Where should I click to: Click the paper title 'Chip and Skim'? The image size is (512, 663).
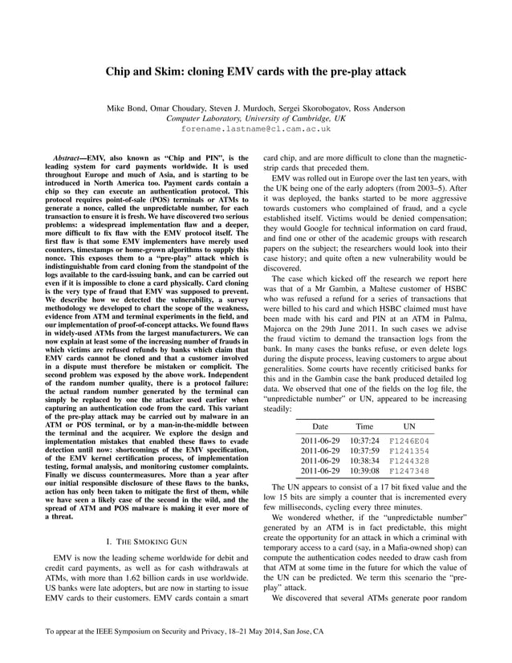pyautogui.click(x=256, y=71)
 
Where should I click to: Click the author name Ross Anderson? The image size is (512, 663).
pyautogui.click(x=377, y=108)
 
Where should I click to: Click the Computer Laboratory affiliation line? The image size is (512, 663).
pyautogui.click(x=256, y=118)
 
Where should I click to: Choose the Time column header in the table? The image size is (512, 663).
pyautogui.click(x=364, y=427)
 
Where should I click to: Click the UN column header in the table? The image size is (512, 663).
pyautogui.click(x=409, y=427)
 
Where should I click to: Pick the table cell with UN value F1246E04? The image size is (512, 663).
pyautogui.click(x=409, y=441)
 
